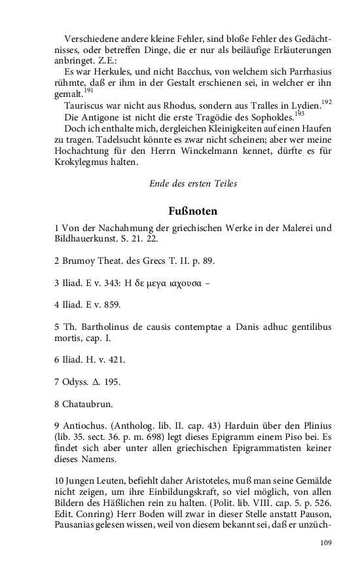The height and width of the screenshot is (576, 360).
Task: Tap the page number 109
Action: [326, 543]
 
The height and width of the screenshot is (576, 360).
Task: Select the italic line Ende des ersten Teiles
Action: [192, 184]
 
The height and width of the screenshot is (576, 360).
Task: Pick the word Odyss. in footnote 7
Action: [77, 381]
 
